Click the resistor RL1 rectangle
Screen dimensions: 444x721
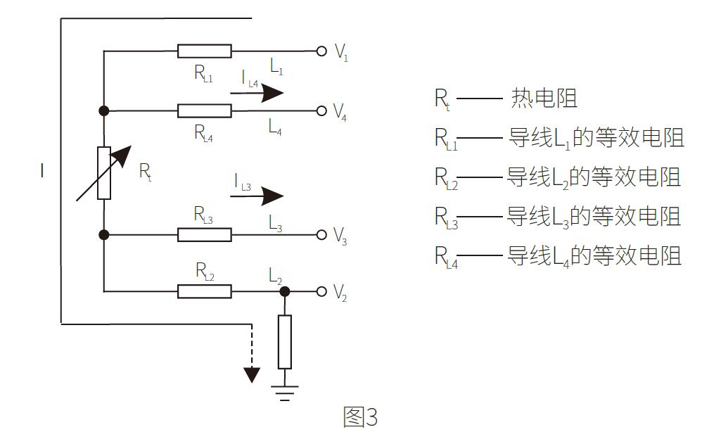tap(204, 51)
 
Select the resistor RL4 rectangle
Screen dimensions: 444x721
tap(204, 110)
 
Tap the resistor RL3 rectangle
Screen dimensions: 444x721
tap(204, 234)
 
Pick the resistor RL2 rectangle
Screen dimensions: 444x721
tap(204, 291)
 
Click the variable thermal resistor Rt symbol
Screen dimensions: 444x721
tap(104, 172)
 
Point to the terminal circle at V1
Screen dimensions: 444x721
tap(321, 51)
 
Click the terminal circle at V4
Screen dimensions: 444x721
tap(321, 110)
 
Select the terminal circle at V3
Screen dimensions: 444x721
tap(321, 234)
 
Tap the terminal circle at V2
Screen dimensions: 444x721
tap(321, 291)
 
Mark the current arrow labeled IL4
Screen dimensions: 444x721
tap(257, 93)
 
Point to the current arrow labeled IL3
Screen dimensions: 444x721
tap(257, 196)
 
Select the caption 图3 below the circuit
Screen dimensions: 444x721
tap(360, 417)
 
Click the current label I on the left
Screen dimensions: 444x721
tap(42, 171)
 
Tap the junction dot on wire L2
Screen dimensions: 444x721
tap(284, 291)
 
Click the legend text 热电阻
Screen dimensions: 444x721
tap(544, 99)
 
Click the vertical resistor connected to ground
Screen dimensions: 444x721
tap(284, 342)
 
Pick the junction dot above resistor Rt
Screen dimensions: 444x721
tap(104, 110)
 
